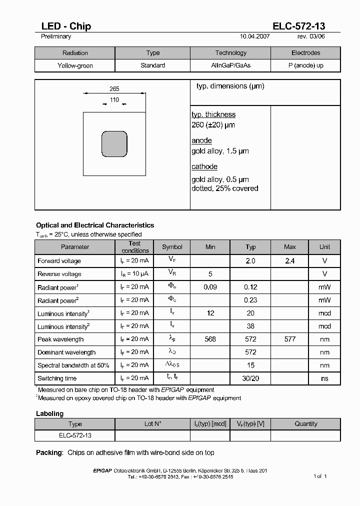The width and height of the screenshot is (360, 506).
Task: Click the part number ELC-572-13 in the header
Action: pos(298,26)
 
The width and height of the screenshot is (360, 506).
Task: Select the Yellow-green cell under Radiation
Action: pos(75,65)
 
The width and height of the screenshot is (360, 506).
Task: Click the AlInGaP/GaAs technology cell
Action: pos(230,65)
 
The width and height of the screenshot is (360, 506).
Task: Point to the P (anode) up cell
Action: pos(305,65)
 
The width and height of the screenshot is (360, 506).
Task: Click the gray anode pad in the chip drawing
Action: pos(114,144)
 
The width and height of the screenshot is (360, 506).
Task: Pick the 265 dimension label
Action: pos(114,89)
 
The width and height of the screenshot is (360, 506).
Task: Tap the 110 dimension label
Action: pos(114,100)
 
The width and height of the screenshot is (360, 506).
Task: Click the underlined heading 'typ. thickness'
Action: pos(213,114)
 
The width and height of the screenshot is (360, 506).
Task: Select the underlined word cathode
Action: pos(204,166)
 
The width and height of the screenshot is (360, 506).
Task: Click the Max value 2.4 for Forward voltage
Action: pos(289,261)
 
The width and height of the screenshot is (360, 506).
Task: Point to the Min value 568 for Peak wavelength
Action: pos(210,339)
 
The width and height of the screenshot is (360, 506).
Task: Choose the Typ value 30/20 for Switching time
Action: pos(250,378)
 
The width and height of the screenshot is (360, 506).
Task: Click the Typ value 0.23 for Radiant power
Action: pos(250,300)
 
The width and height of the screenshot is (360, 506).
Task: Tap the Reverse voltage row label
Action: pos(59,274)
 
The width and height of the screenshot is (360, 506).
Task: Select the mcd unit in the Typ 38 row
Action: pos(324,326)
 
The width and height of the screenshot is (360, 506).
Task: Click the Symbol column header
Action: pos(172,247)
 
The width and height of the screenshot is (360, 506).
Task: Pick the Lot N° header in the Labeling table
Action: pos(153,424)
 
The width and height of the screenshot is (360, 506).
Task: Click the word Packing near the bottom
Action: pos(49,452)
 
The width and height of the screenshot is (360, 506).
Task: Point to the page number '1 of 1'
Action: pos(320,476)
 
